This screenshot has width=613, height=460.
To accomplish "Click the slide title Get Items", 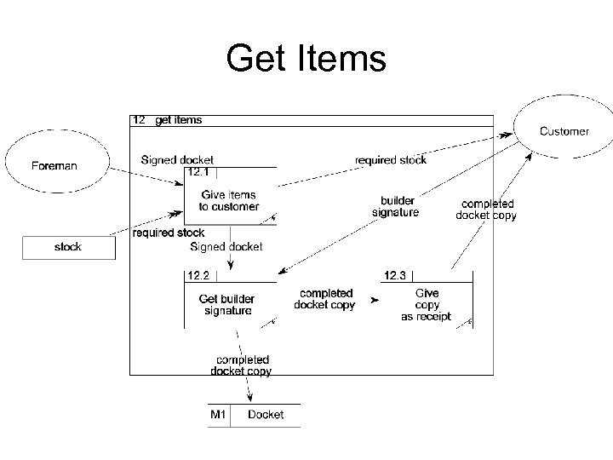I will tap(306, 59).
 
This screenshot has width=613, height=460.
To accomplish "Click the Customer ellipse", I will tap(563, 131).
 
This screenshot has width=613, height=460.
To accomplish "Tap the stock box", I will tap(67, 247).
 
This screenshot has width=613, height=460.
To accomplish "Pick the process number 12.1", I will tap(198, 173).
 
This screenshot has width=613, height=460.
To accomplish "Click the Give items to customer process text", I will tap(228, 201).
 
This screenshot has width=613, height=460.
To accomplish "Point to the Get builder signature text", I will tap(227, 305).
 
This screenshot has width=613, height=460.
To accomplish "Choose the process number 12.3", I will tap(395, 275).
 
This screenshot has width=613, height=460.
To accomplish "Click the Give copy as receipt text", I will tap(426, 305).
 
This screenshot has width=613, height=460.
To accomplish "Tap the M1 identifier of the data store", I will tap(219, 415).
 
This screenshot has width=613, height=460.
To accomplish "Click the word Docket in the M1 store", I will tap(265, 415).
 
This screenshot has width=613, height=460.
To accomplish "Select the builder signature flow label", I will tap(396, 207).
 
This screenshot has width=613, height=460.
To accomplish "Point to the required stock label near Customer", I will tap(390, 159).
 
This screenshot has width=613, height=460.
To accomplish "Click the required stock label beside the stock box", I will tap(169, 233).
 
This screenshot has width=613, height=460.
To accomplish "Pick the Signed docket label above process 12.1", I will tap(177, 159).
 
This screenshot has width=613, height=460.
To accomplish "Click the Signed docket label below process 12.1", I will tap(226, 247).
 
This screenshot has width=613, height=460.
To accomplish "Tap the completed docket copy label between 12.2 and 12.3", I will tap(324, 299).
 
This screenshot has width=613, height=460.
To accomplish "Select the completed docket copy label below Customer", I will tap(486, 210).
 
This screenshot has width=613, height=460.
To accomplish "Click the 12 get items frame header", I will tap(167, 120).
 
